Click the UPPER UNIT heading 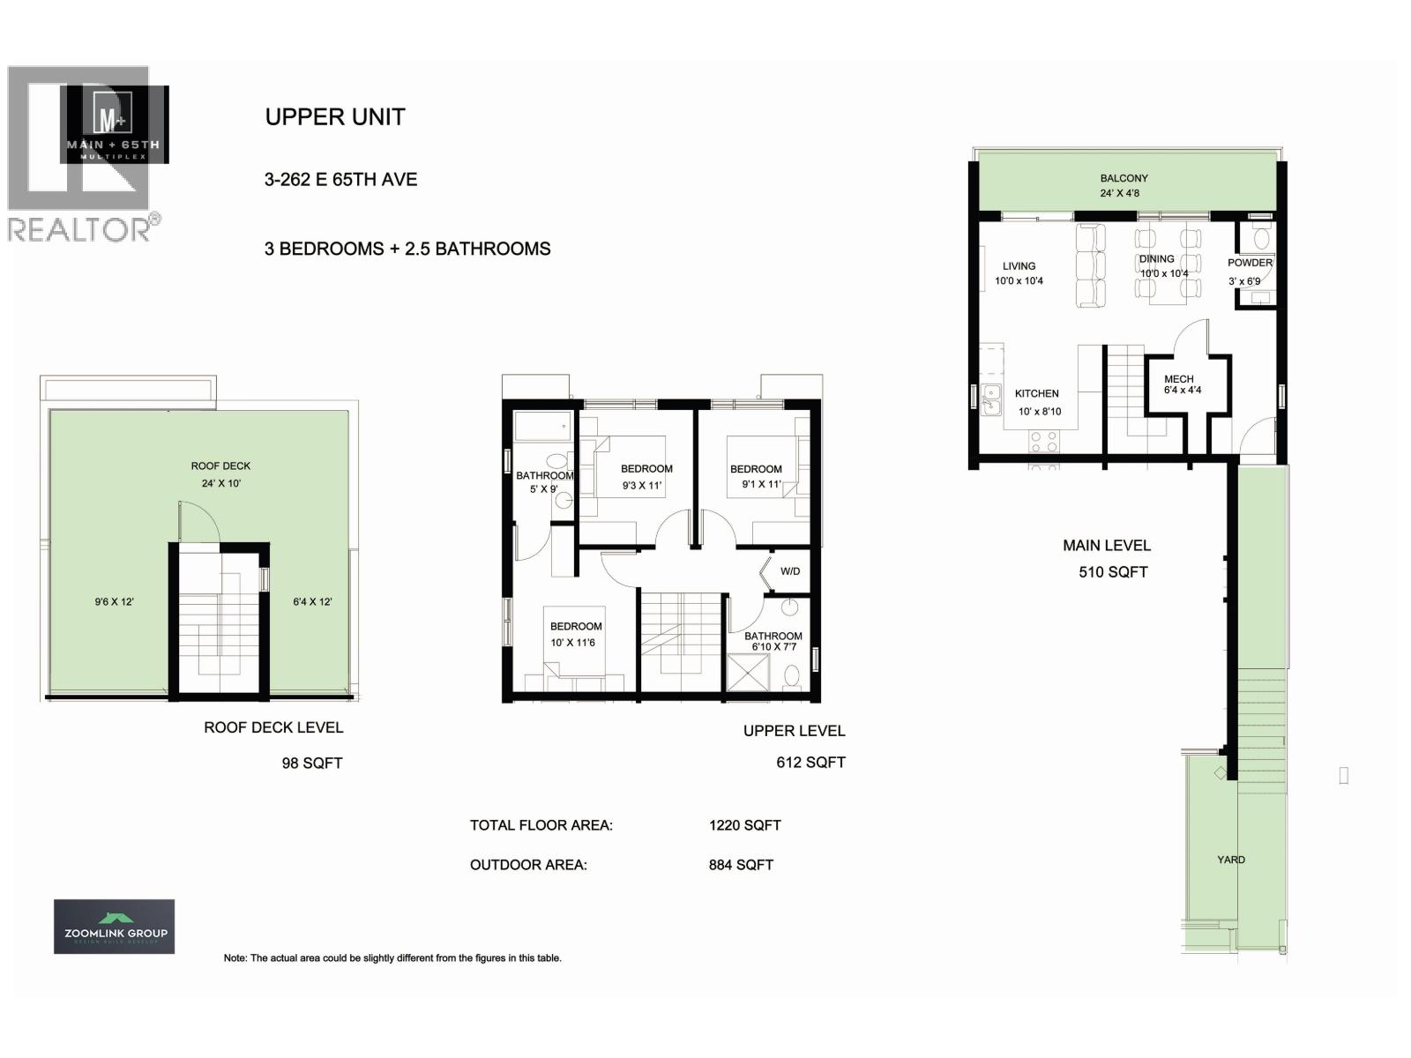335,117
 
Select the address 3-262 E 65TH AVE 340,180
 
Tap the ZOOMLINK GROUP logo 115,927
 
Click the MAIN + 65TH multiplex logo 114,125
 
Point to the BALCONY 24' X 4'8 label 1124,185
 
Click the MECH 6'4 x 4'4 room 1182,384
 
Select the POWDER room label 1250,263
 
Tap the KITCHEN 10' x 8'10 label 1038,402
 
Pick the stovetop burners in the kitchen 1044,440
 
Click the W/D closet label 790,571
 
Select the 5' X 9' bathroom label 544,482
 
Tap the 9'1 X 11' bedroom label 757,476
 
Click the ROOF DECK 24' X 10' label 220,474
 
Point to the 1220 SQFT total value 744,826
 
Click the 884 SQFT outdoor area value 741,865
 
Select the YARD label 1231,860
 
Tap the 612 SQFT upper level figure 810,763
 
